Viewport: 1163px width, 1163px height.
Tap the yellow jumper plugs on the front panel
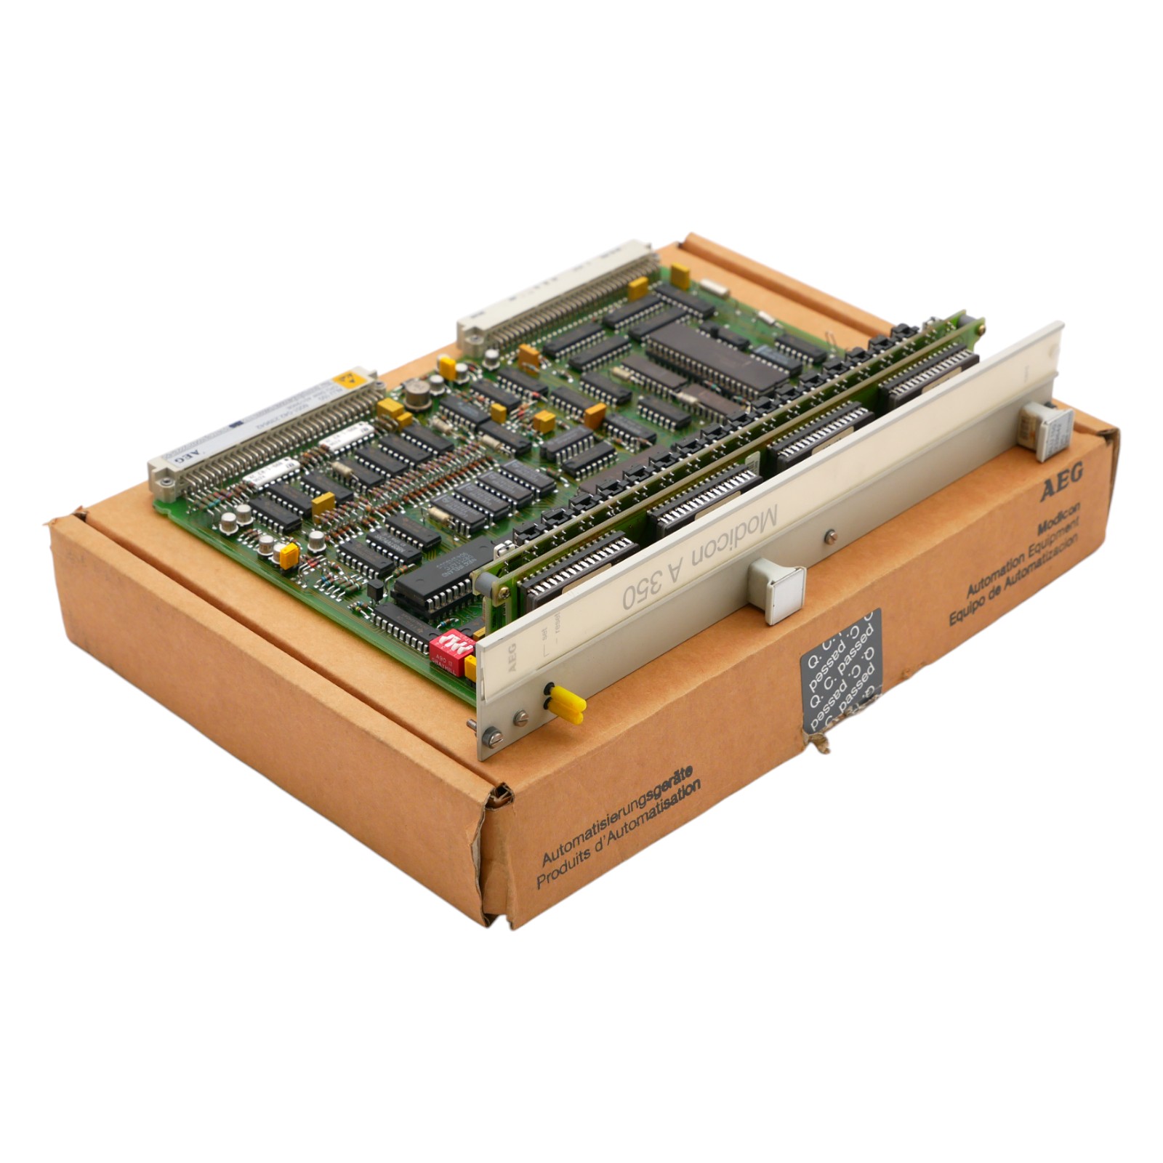pos(566,706)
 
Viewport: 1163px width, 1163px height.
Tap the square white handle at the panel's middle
pos(777,589)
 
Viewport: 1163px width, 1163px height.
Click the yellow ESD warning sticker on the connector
pos(348,379)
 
